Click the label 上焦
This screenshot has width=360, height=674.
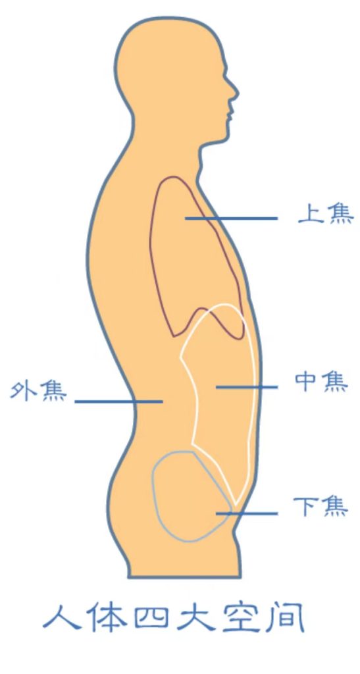click(326, 214)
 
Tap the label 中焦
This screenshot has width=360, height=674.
click(321, 382)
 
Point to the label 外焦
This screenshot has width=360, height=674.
click(39, 391)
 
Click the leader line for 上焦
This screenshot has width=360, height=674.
click(231, 219)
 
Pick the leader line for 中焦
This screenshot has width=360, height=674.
click(247, 387)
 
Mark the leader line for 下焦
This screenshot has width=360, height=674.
click(247, 513)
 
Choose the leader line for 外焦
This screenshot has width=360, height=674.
click(118, 402)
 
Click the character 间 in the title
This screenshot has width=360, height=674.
click(287, 617)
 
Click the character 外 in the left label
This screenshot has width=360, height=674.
click(23, 391)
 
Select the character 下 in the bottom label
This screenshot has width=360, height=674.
click(306, 507)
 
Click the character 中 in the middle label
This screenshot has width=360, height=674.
click(307, 382)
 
